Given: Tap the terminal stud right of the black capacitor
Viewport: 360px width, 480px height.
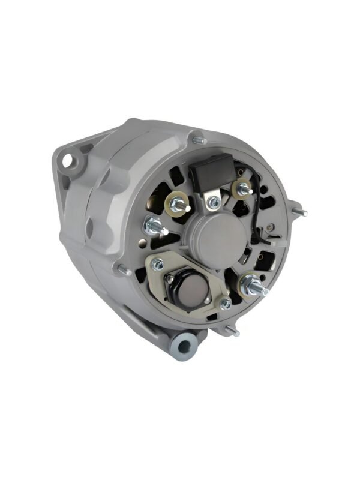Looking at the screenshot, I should tap(243, 189).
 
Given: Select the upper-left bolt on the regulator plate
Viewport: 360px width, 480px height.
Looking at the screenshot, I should tap(158, 264).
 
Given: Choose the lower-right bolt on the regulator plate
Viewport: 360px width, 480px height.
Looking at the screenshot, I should tap(226, 304).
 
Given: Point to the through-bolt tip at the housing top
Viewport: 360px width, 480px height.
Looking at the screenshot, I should tap(199, 140).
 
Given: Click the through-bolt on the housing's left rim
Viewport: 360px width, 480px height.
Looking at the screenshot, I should tap(125, 271).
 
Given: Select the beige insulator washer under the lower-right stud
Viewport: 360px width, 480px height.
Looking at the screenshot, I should tap(247, 284).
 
